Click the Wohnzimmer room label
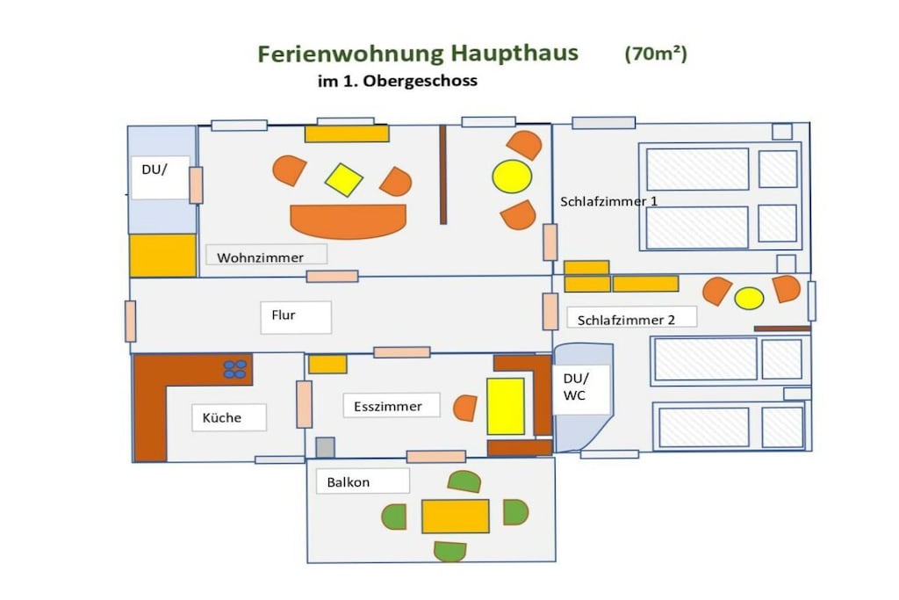[260, 257]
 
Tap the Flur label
[284, 314]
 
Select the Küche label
[222, 417]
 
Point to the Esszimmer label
[387, 407]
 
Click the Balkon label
[348, 482]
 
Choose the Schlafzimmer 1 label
[609, 201]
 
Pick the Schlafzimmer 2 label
[626, 320]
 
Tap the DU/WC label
[576, 387]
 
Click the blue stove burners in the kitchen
[235, 369]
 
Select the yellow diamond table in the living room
[343, 180]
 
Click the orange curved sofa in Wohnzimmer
[348, 220]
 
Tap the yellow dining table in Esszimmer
[506, 406]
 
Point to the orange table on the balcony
[456, 517]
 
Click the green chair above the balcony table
[464, 481]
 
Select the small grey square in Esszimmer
[325, 447]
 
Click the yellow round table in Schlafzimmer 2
[749, 299]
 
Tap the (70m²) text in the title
[656, 54]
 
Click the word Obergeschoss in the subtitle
[421, 81]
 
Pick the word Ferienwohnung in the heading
[350, 54]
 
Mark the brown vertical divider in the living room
[443, 175]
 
